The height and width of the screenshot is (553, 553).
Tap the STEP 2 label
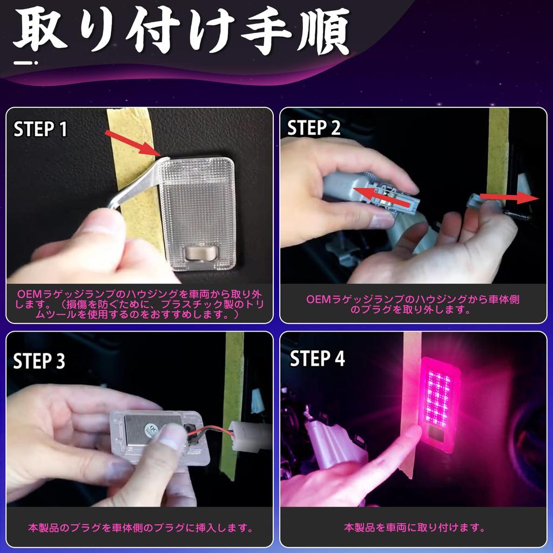[314, 127]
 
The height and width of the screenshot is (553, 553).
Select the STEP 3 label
[39, 361]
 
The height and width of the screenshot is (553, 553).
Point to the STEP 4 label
[317, 359]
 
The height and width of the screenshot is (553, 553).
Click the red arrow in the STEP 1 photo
[133, 143]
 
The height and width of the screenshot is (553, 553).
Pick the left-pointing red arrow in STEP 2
[381, 198]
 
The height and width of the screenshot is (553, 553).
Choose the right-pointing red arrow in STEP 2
[509, 197]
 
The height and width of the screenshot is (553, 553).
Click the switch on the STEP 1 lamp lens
[200, 253]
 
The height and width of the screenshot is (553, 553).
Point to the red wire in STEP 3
[212, 429]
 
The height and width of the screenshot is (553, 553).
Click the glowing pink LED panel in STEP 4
[439, 397]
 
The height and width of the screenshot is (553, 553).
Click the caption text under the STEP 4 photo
[414, 528]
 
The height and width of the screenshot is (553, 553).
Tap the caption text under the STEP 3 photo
[140, 528]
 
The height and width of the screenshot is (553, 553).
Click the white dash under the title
[25, 63]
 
